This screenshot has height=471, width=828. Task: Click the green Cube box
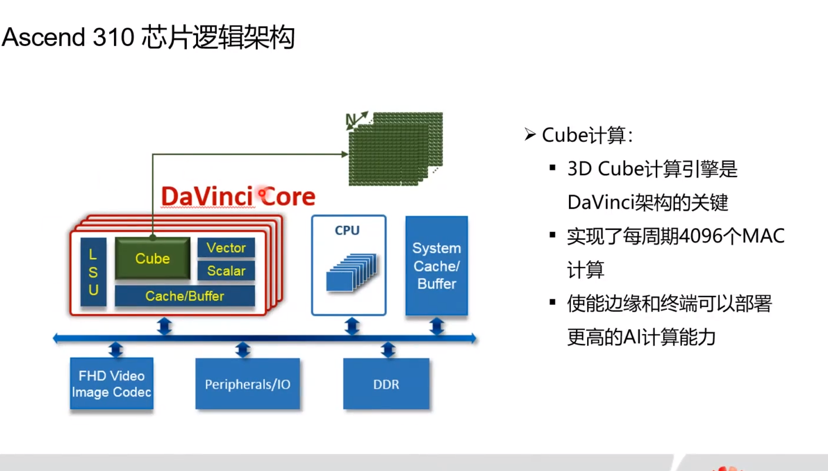(x=153, y=258)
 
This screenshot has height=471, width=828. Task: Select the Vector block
(x=226, y=248)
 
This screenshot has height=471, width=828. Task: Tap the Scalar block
(x=226, y=270)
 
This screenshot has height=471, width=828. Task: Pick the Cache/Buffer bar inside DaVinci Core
(x=185, y=296)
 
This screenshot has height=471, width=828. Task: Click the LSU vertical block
(x=93, y=272)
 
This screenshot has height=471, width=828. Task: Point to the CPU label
(x=347, y=230)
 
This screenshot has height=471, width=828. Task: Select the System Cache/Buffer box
(x=436, y=266)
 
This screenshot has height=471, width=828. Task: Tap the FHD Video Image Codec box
(x=112, y=383)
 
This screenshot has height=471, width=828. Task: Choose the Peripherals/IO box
(x=247, y=385)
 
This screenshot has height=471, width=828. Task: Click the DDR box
(x=386, y=385)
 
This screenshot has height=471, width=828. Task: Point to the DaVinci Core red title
(x=238, y=196)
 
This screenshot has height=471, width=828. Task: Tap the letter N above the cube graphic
(x=351, y=121)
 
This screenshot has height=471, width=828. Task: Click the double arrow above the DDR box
(x=387, y=350)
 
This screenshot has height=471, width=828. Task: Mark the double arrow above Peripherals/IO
(x=243, y=350)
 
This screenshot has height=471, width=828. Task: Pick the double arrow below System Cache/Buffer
(x=437, y=326)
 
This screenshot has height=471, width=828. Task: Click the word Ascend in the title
(x=44, y=38)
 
